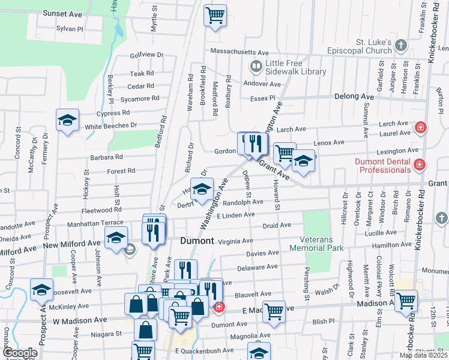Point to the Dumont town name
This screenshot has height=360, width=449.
pyautogui.click(x=197, y=241)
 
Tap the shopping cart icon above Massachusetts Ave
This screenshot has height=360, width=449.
pyautogui.click(x=215, y=15)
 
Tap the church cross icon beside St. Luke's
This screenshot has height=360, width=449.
pyautogui.click(x=402, y=46)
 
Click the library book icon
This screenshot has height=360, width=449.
pyautogui.click(x=256, y=67)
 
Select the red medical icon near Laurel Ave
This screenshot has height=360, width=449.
pyautogui.click(x=421, y=128)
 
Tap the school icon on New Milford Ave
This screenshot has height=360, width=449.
pyautogui.click(x=116, y=237)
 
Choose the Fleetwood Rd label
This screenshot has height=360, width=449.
pyautogui.click(x=102, y=210)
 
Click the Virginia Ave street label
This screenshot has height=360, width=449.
pyautogui.click(x=235, y=241)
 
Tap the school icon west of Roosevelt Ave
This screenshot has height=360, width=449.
pyautogui.click(x=41, y=290)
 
